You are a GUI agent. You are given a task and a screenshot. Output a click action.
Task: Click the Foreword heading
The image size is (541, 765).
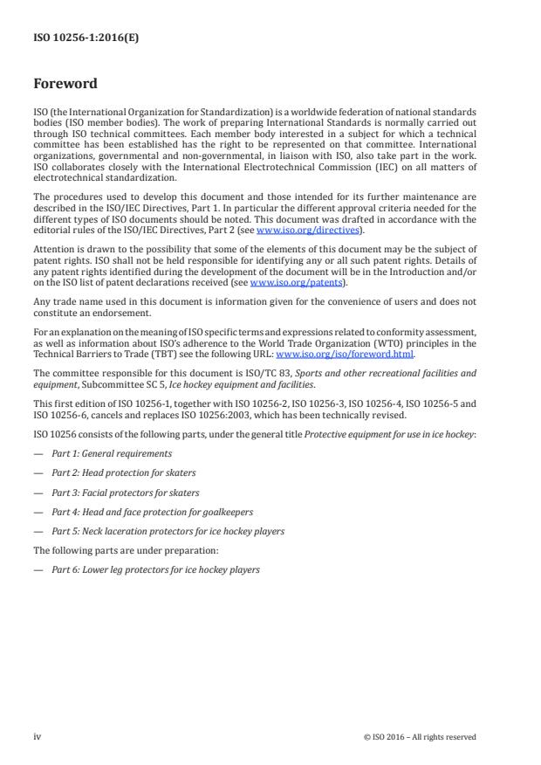point(65,85)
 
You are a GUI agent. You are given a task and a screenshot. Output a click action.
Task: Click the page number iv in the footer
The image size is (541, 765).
point(38,736)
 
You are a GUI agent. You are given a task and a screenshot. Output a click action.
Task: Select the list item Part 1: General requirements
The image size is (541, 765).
point(111,453)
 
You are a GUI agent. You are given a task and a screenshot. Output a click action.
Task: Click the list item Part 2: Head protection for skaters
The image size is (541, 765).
point(124,472)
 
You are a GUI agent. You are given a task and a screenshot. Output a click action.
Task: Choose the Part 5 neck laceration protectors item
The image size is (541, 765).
point(167,530)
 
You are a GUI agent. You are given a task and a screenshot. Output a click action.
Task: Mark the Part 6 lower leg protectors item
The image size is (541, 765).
point(154,569)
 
